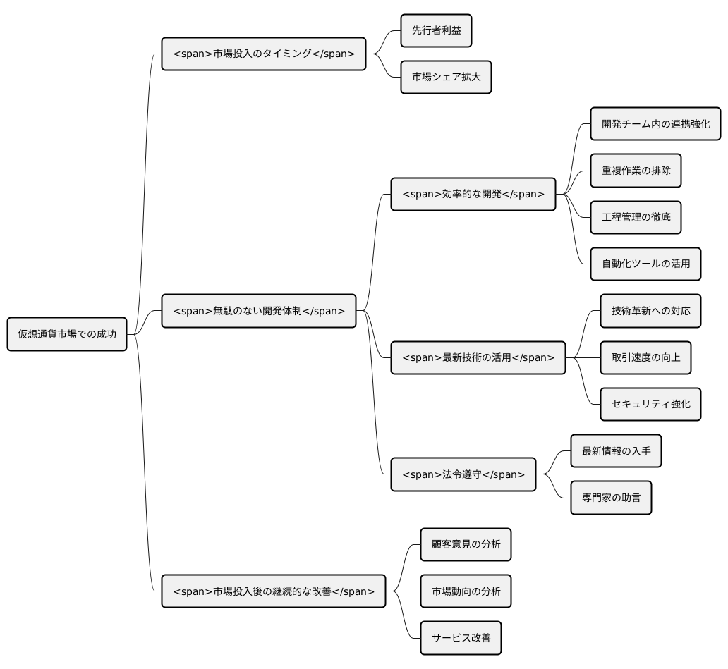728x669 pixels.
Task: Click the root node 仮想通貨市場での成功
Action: pos(67,334)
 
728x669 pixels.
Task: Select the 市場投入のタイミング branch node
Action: pos(264,54)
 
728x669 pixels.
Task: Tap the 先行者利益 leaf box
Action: pos(436,30)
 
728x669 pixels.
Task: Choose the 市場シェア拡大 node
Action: pos(446,77)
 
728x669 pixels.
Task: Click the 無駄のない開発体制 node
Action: pos(259,311)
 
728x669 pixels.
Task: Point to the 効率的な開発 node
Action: pos(473,194)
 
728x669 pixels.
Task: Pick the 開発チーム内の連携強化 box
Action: pos(655,124)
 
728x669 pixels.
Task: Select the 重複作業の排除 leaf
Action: pos(636,171)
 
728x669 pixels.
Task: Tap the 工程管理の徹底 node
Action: pos(636,217)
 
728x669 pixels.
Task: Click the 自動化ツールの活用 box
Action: pos(645,264)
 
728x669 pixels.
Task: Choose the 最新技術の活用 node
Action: pos(478,357)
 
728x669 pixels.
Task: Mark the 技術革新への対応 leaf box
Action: pos(650,311)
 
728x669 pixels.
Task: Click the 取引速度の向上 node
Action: pos(645,357)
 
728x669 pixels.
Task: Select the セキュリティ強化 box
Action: pos(650,404)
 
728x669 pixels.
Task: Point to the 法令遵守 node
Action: pos(463,474)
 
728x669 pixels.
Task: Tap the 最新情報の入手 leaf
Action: pos(616,451)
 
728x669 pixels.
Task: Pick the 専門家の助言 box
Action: pos(611,498)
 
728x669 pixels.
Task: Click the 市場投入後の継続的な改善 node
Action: pos(274,591)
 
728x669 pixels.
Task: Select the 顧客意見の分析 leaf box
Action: pos(466,544)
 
